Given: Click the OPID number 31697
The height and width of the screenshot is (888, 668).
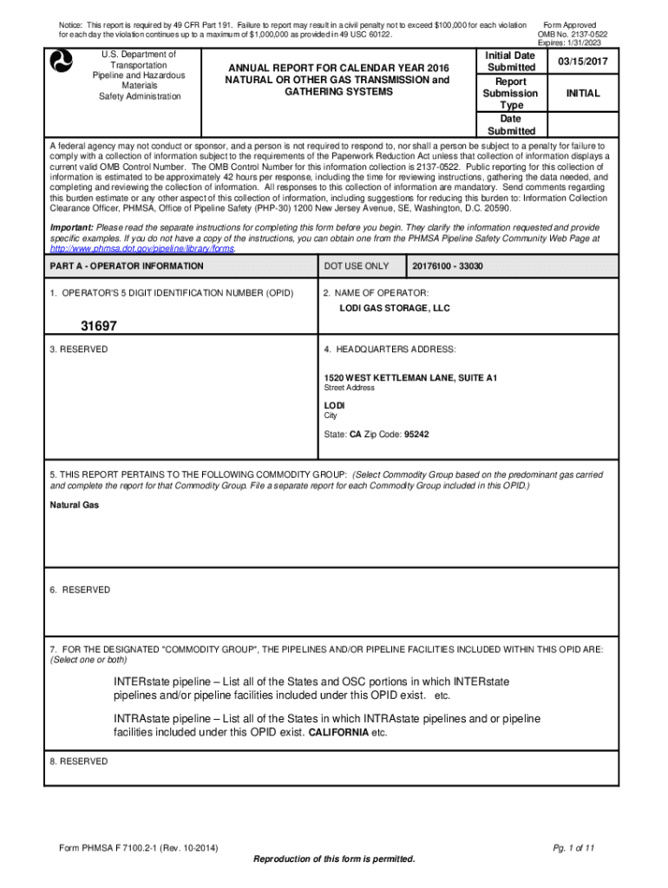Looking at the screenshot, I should [99, 326].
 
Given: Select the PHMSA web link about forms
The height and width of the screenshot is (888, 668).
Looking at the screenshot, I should [142, 248].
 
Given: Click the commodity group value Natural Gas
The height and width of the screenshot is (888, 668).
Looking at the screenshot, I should [74, 505].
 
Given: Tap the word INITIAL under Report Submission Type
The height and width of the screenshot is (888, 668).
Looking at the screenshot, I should [583, 93].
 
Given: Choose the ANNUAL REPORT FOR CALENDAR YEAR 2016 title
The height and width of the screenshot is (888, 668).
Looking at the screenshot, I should [337, 67].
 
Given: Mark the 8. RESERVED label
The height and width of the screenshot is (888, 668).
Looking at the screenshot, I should [79, 761].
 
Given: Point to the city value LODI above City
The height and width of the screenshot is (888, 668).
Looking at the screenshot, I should [335, 405].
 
